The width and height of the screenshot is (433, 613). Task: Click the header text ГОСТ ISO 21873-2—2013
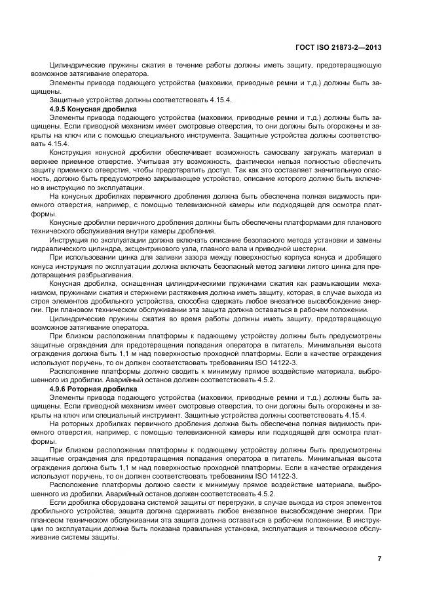(340, 47)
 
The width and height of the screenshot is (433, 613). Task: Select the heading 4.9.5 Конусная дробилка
(93, 108)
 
